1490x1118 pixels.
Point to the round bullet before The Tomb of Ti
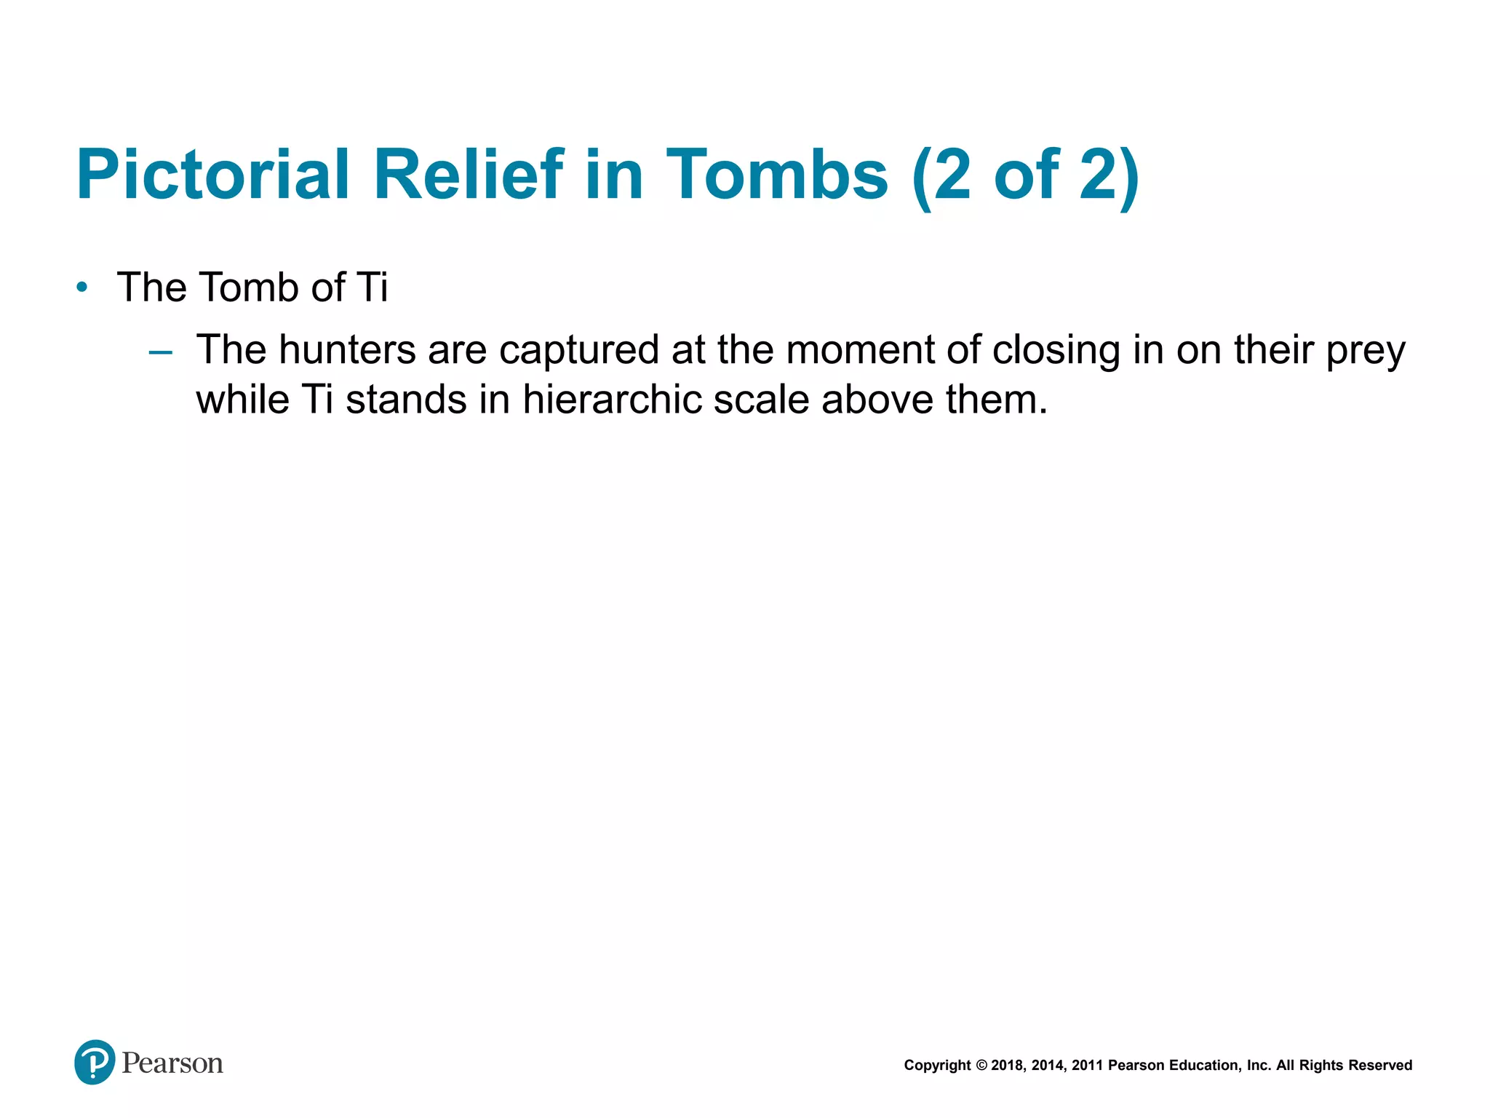coord(82,288)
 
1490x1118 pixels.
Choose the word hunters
coord(347,349)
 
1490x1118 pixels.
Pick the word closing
coord(1056,351)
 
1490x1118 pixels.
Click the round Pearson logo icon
coord(95,1062)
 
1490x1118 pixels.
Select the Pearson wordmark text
coord(172,1063)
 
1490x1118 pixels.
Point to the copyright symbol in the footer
coord(981,1066)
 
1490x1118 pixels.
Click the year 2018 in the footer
coord(1007,1066)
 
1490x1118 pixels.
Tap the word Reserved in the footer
coord(1380,1066)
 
